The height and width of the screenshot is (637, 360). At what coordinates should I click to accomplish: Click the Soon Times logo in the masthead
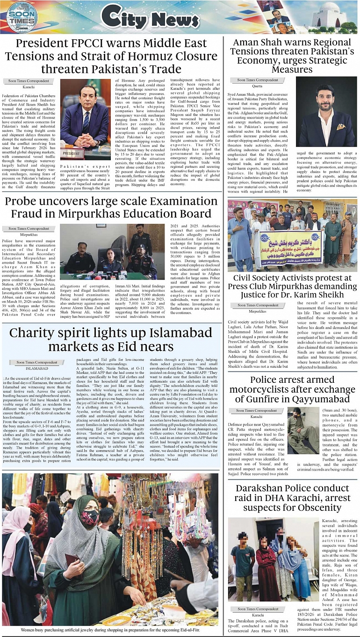22,17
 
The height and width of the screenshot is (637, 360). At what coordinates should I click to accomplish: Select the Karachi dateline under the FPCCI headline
29,87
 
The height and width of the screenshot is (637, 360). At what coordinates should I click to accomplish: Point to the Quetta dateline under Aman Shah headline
257,86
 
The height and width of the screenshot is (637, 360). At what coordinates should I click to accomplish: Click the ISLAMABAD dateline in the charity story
37,368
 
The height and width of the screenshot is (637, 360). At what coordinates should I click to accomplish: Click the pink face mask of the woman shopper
90,518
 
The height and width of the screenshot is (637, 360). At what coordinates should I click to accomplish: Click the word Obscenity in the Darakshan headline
316,508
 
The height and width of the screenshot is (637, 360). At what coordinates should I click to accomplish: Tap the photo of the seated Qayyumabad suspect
303,430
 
